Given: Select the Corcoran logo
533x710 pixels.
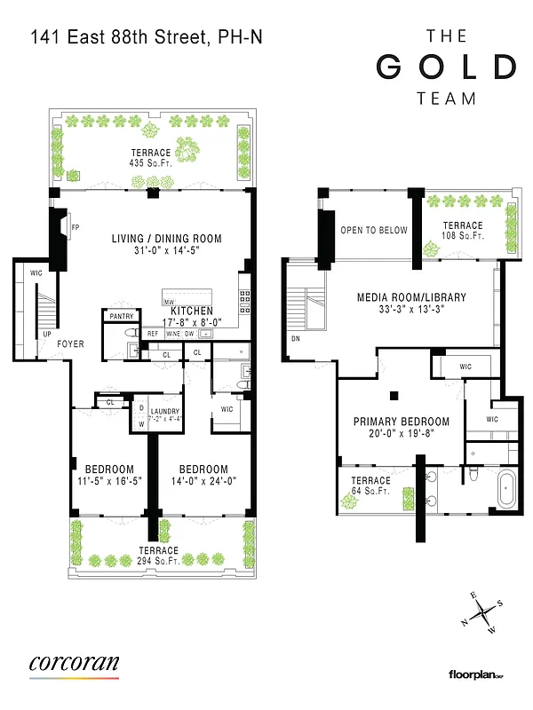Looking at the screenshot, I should tap(74, 665).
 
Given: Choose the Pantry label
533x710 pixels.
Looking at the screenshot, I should tap(119, 316).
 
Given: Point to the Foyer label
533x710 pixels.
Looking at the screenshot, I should tap(71, 343).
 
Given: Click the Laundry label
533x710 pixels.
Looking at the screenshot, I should tap(165, 411).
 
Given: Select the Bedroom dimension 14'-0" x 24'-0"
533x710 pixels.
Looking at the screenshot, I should tap(203, 482).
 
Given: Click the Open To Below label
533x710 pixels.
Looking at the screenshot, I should tap(374, 231).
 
